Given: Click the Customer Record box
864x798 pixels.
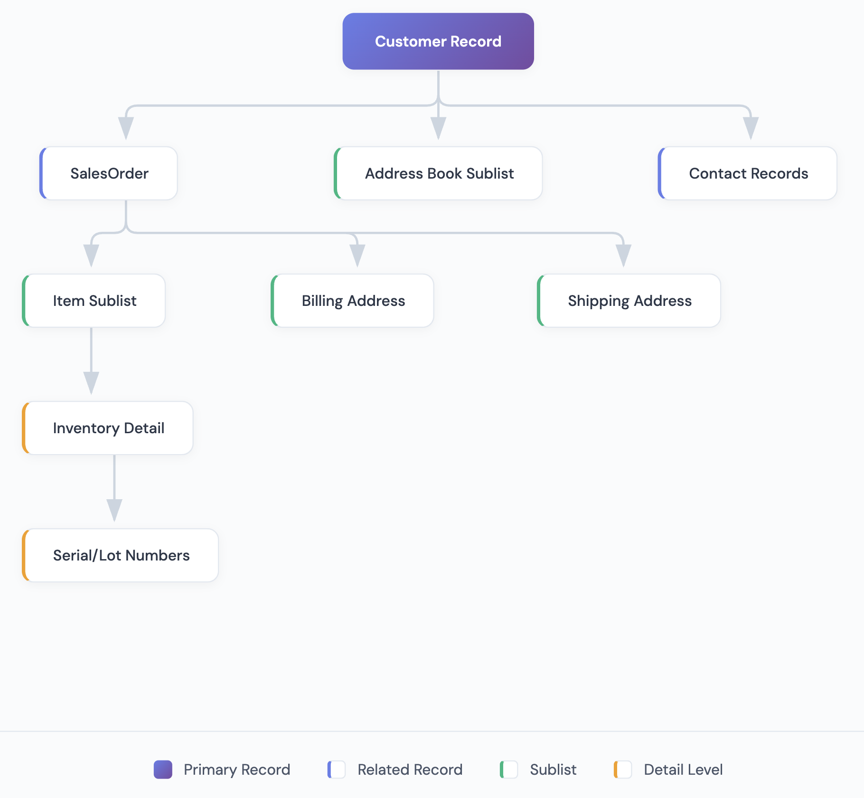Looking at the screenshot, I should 438,41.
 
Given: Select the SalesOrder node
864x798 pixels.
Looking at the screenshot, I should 109,173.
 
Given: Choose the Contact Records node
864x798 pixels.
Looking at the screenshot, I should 748,173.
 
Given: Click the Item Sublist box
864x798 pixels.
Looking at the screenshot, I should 94,301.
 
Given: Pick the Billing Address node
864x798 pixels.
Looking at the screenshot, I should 353,301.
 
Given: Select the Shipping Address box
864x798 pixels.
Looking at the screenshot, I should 629,301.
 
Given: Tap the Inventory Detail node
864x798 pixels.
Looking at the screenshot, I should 108,428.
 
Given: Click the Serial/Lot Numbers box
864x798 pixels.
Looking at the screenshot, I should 121,555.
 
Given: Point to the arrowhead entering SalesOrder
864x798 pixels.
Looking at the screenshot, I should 126,128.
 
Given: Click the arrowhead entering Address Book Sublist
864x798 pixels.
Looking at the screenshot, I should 438,128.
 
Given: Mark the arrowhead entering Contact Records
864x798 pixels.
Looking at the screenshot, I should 751,128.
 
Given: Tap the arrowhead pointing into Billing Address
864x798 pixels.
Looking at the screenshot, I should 357,256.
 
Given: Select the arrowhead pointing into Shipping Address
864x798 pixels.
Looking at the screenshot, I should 623,256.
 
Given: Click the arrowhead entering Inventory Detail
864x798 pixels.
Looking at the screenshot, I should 91,383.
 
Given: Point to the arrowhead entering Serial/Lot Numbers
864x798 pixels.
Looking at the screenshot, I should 114,510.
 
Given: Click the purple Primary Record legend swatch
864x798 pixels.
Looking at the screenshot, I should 163,769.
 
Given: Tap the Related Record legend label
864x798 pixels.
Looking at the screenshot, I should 410,769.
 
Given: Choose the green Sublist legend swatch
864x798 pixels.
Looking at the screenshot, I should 509,769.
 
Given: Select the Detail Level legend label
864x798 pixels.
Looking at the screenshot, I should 683,769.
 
